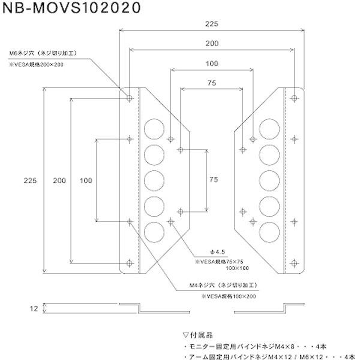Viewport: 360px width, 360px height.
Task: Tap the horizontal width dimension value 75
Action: pyautogui.click(x=211, y=85)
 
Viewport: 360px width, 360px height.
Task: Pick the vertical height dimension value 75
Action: pyautogui.click(x=213, y=179)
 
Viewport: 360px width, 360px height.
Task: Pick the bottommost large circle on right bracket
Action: pyautogui.click(x=267, y=230)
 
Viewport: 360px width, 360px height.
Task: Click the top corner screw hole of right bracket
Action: pyautogui.click(x=294, y=97)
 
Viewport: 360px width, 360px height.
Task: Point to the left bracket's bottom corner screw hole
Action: pyautogui.click(x=130, y=262)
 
